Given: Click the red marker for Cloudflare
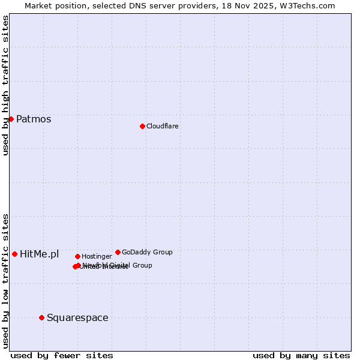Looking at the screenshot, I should tap(142, 126).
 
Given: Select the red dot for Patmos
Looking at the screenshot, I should tap(11, 119).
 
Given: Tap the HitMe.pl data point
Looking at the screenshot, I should tap(14, 254).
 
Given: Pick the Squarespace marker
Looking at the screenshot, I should tap(41, 317).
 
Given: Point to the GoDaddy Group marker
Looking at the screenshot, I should tap(118, 252).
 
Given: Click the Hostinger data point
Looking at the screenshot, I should tap(77, 256).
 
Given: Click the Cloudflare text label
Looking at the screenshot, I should tap(162, 126).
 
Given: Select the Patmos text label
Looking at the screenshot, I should tap(34, 119).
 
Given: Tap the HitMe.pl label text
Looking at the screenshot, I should tap(40, 254).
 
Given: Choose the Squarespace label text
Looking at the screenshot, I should tap(77, 317).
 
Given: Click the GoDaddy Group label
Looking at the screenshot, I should tap(147, 252).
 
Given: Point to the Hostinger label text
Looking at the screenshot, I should tap(97, 256).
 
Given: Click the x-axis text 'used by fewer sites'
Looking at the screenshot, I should tap(62, 355).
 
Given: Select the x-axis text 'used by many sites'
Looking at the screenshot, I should tap(301, 355).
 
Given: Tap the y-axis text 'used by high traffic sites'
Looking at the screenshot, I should tap(5, 85).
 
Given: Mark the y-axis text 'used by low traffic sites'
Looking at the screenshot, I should tap(5, 281).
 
